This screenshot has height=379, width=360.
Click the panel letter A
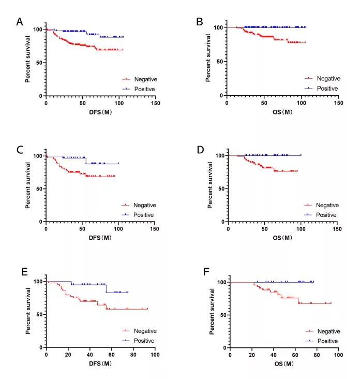click(x=20, y=22)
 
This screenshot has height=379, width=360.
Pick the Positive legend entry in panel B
click(x=327, y=89)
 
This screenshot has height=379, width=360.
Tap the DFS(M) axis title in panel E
click(x=100, y=363)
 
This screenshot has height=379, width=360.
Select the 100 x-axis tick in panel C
click(x=117, y=228)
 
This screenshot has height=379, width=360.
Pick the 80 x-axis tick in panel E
click(x=133, y=354)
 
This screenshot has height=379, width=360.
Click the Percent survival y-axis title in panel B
click(x=208, y=58)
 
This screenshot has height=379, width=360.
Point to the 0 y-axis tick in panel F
click(x=223, y=347)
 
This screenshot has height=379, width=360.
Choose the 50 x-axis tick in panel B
click(x=263, y=102)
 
